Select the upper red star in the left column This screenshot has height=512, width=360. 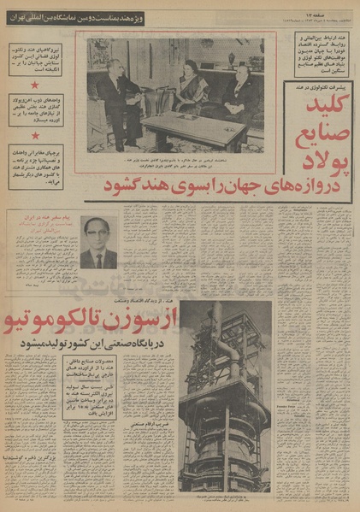[35, 85]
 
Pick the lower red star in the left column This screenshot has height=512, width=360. [35, 134]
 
